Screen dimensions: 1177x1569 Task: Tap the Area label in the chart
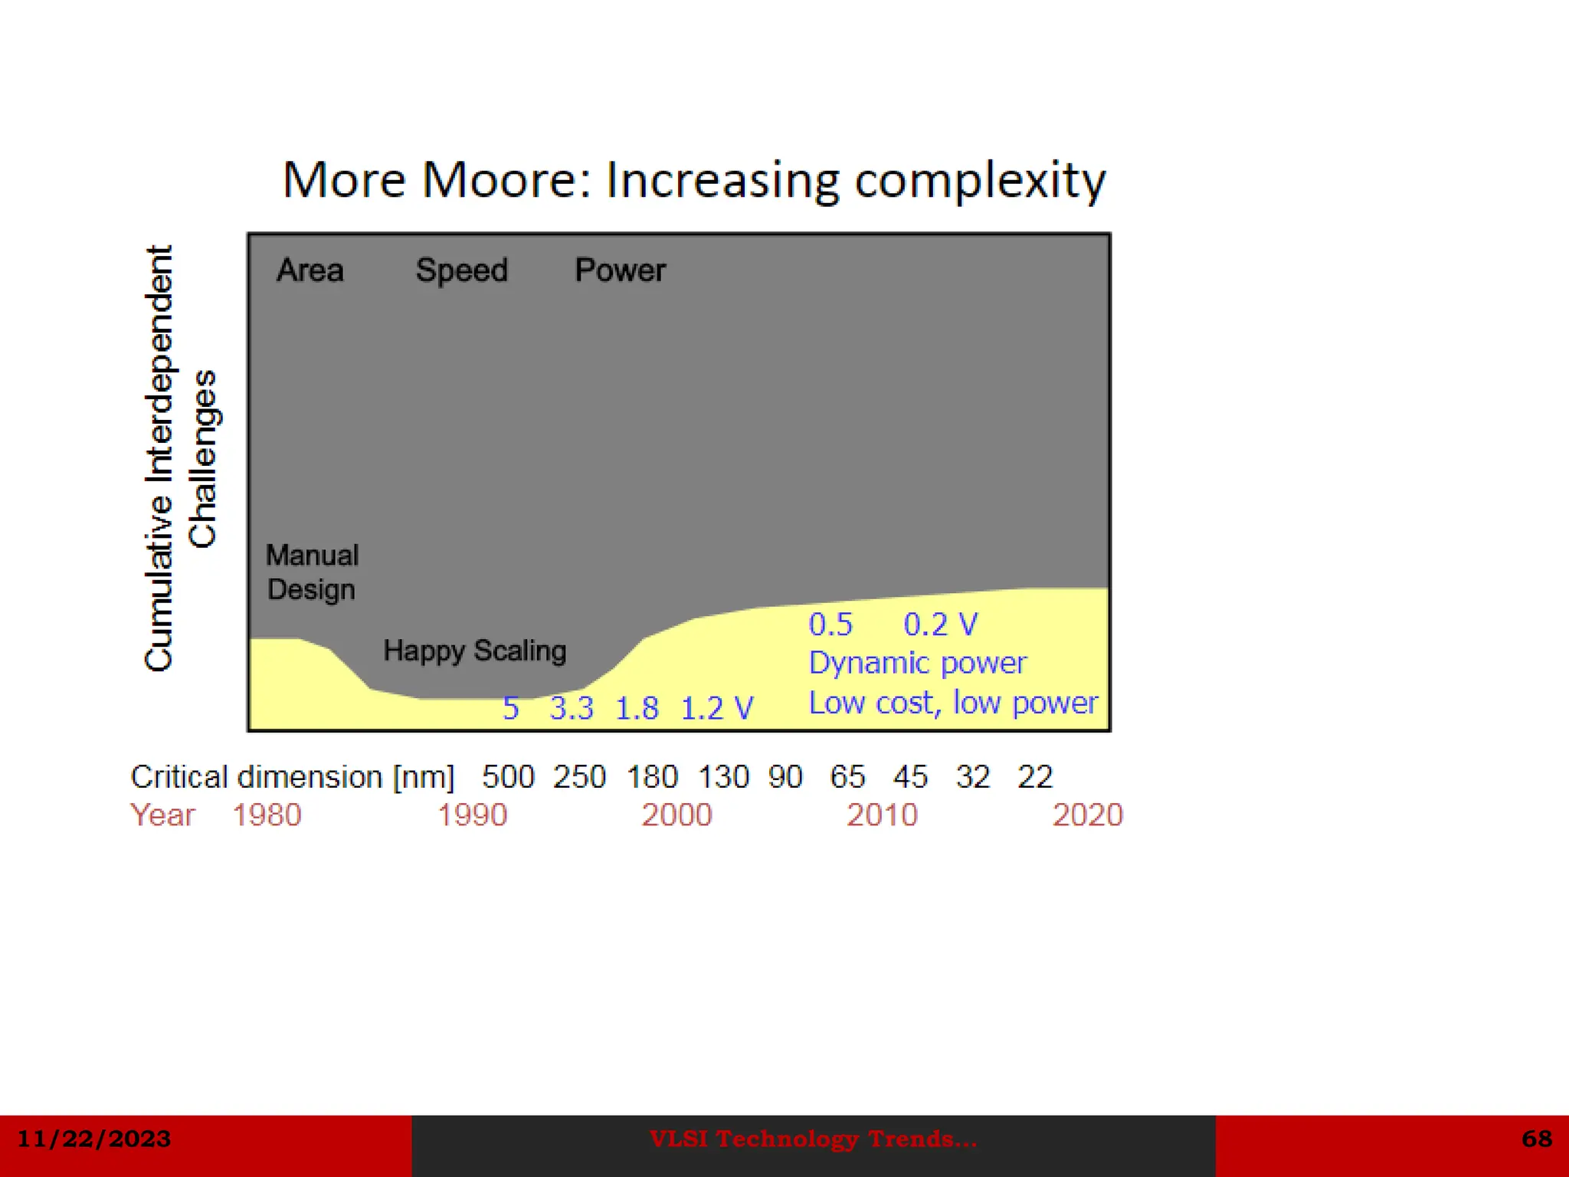click(310, 270)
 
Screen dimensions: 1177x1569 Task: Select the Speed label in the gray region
click(461, 270)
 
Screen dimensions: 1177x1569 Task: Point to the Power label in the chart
click(620, 270)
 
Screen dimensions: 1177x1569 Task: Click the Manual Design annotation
click(312, 572)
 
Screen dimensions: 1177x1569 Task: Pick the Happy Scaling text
click(474, 651)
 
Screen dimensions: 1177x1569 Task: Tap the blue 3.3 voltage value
click(572, 708)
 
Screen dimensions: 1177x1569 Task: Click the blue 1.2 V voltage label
click(716, 708)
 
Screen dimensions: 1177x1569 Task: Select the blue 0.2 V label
click(940, 625)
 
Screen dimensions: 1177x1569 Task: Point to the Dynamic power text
click(917, 663)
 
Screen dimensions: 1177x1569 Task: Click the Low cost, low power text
click(953, 703)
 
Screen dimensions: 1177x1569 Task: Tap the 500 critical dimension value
click(508, 777)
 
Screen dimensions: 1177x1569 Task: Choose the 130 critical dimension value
click(723, 777)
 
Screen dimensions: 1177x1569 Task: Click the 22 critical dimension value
click(1035, 777)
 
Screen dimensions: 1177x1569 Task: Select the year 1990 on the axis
click(472, 815)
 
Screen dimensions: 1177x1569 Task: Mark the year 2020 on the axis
click(1087, 815)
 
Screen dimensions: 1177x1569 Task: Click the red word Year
click(162, 815)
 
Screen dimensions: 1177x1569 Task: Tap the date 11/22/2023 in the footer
click(93, 1139)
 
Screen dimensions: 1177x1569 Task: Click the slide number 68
click(1537, 1139)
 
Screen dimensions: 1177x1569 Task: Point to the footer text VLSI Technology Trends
click(813, 1139)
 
